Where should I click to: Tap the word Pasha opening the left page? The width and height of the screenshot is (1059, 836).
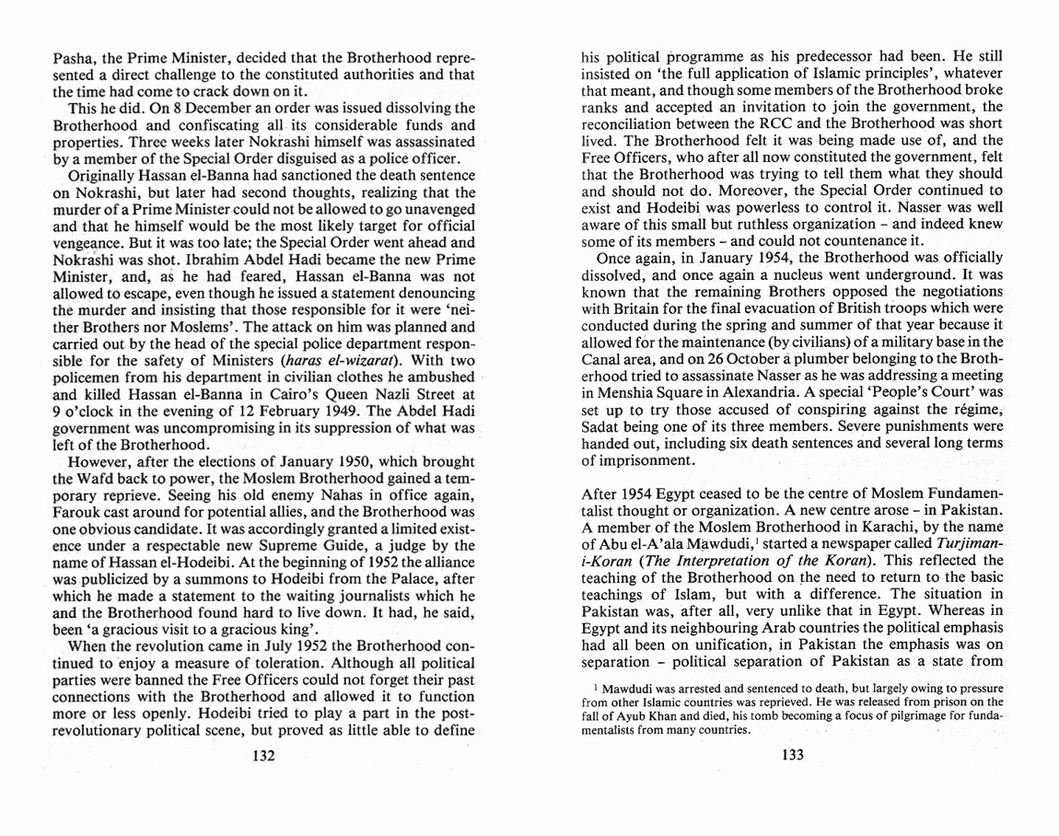pos(73,57)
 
